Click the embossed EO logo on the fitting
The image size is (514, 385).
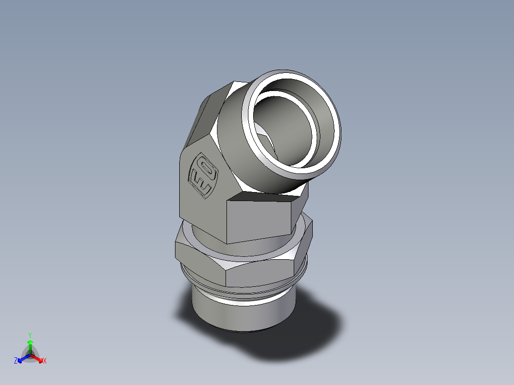point(203,174)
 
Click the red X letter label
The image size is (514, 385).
point(45,361)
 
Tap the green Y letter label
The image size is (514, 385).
point(30,335)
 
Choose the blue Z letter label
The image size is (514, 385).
point(16,361)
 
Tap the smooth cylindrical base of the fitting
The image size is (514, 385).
point(238,314)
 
